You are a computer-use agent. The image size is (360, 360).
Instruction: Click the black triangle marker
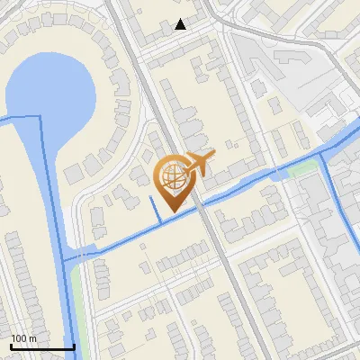(x=181, y=24)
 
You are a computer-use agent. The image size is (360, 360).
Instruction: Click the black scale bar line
(x=42, y=346)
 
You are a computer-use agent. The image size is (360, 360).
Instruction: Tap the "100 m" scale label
(x=24, y=338)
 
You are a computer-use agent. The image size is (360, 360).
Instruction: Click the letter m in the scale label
(x=33, y=338)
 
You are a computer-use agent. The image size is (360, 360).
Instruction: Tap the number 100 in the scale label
(x=20, y=338)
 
